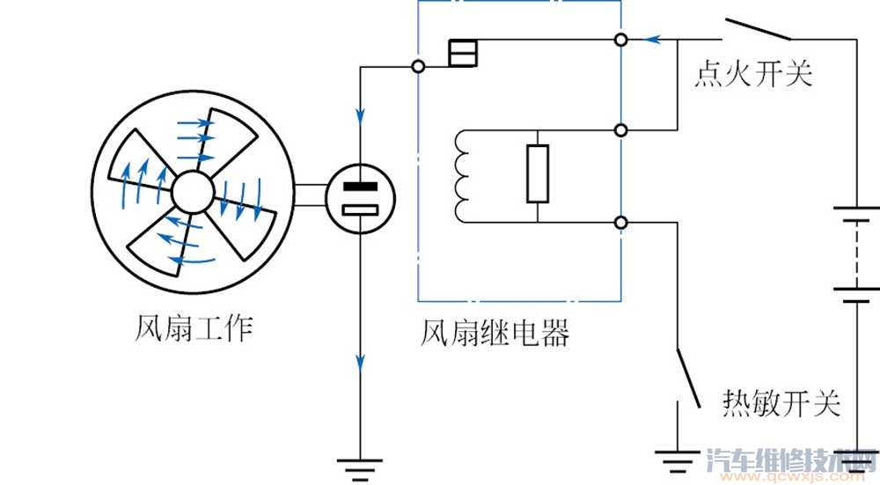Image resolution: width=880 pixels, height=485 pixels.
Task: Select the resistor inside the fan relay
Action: (x=537, y=174)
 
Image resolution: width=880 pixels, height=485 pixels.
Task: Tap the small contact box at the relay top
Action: (x=461, y=54)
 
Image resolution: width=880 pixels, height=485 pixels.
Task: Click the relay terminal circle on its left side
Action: (x=419, y=67)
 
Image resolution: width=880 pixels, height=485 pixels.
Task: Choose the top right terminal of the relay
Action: (x=622, y=40)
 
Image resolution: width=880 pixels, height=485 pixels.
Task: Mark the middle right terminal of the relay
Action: (x=622, y=130)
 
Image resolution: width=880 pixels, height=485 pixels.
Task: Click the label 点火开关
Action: (x=752, y=75)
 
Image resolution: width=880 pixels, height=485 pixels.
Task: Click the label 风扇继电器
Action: (x=495, y=332)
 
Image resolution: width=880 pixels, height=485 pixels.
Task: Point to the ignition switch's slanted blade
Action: (x=758, y=27)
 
